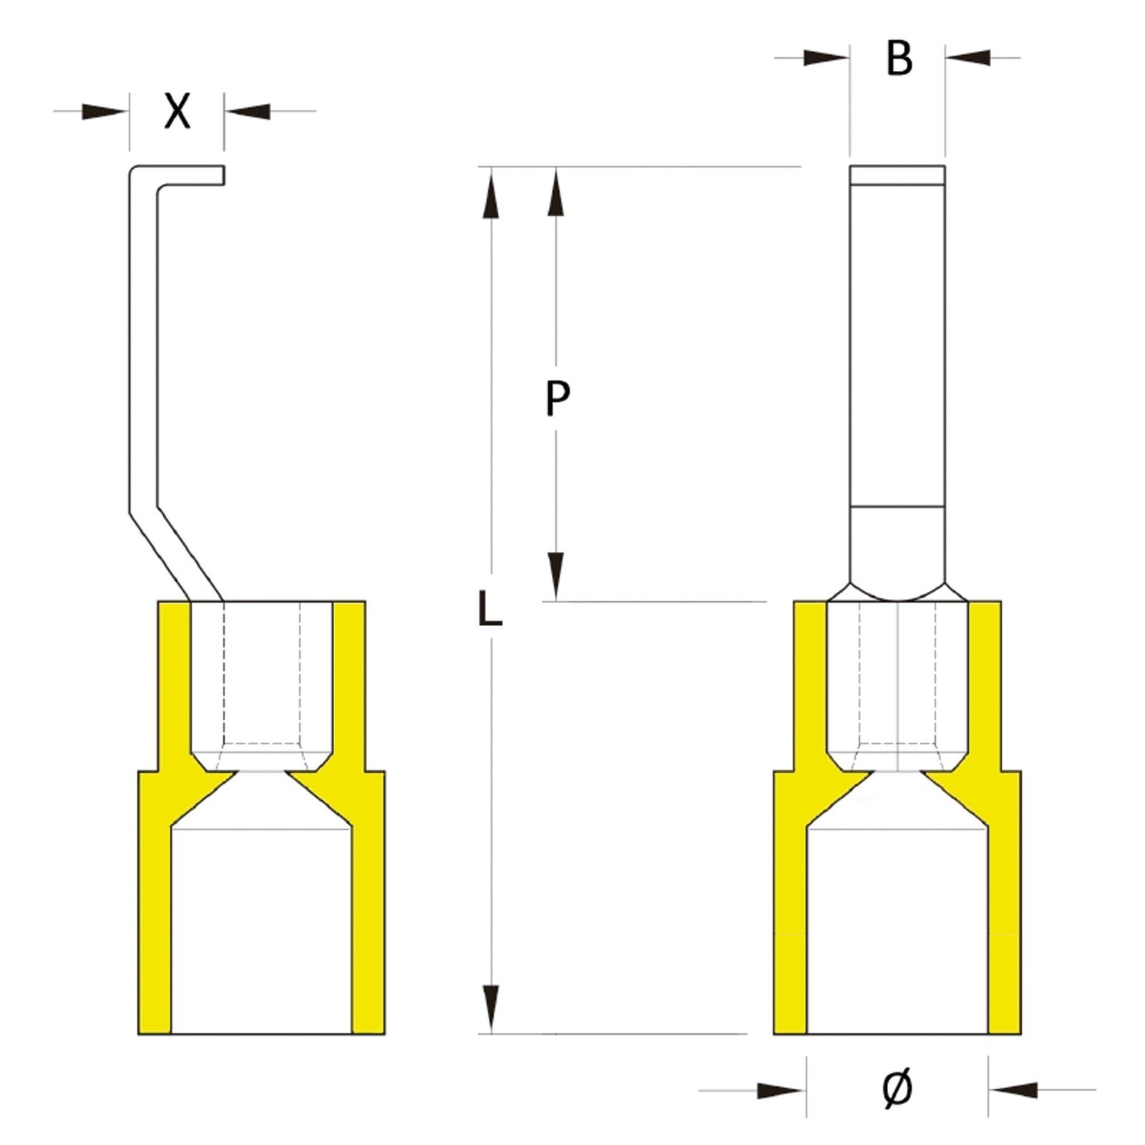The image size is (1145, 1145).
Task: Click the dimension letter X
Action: [177, 111]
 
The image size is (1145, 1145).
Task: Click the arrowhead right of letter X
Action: [248, 111]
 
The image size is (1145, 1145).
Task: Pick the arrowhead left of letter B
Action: [826, 57]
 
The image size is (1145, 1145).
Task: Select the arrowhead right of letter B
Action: [968, 57]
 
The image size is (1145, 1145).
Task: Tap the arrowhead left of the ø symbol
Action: [781, 1091]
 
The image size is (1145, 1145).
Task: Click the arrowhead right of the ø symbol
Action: [1013, 1090]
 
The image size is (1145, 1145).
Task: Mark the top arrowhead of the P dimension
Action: [555, 192]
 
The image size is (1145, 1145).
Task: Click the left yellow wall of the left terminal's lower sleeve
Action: [155, 930]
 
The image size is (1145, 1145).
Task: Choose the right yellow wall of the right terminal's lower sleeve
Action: [1005, 930]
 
